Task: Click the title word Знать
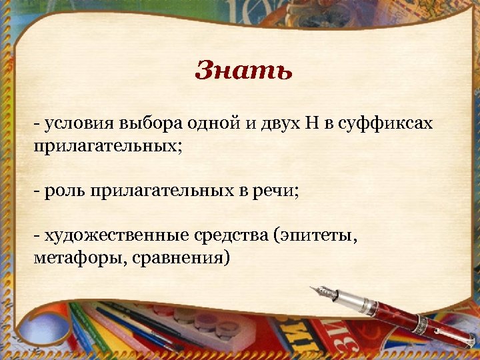(243, 70)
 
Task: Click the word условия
(81, 123)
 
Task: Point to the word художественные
(115, 236)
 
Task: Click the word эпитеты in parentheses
(319, 236)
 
